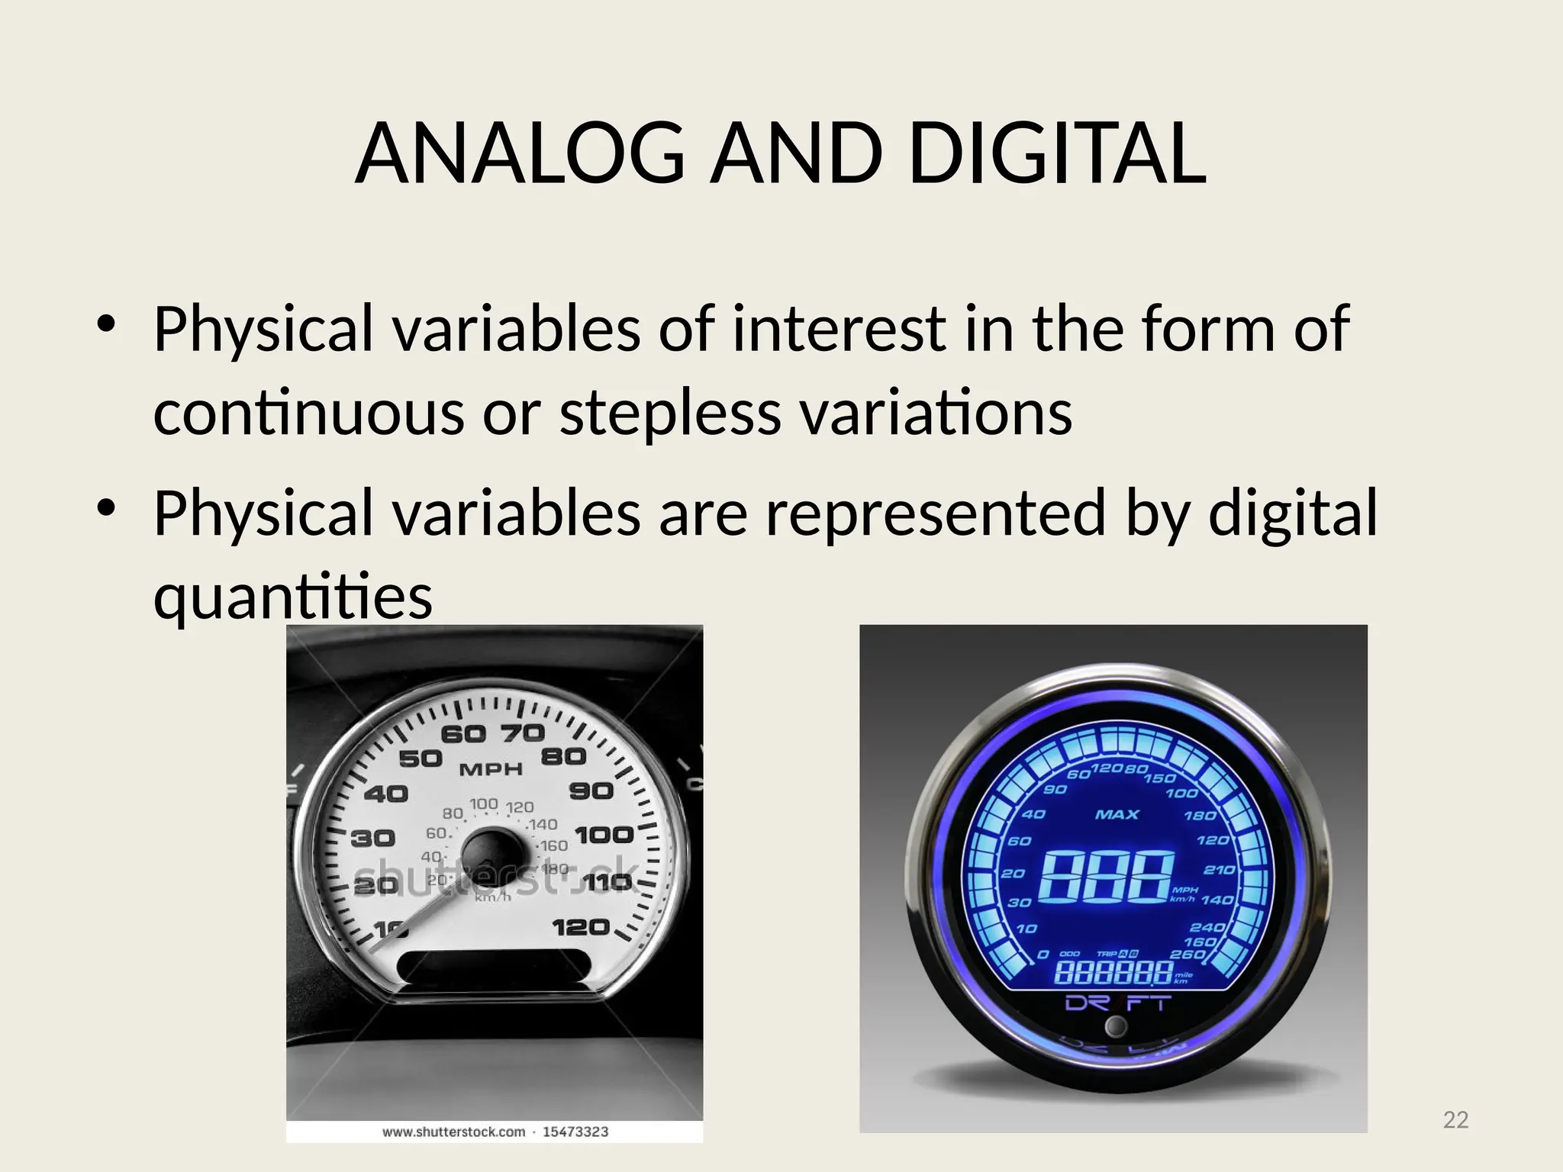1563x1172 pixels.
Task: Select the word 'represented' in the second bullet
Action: (936, 513)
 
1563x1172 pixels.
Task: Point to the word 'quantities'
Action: (293, 596)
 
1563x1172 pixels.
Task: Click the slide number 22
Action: (1455, 1119)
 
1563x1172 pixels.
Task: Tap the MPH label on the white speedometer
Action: (491, 769)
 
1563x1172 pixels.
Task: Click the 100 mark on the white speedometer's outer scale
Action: (604, 835)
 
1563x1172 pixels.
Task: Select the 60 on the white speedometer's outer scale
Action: (463, 734)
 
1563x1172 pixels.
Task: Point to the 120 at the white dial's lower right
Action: (581, 928)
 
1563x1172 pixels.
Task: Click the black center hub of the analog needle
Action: (488, 853)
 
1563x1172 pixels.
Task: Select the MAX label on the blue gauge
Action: (1117, 815)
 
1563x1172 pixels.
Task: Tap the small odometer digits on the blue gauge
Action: (1113, 973)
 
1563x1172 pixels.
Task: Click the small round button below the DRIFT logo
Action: (1116, 1026)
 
